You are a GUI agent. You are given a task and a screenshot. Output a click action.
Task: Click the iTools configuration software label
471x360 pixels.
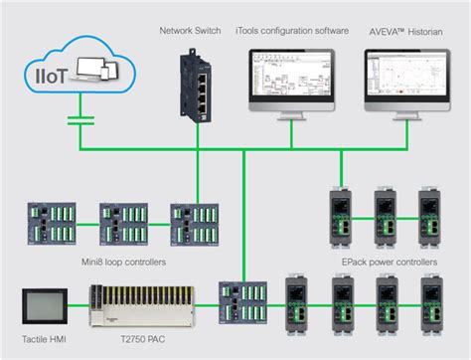[293, 31]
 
